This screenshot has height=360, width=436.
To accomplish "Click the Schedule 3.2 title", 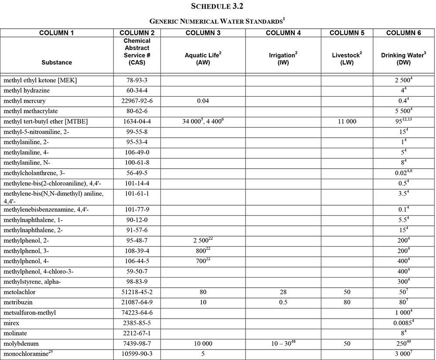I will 218,7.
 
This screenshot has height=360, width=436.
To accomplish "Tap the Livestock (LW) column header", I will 347,58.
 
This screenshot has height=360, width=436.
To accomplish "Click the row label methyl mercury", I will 24,101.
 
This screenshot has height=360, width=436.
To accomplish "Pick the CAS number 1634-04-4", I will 136,121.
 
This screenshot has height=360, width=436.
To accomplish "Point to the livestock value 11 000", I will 347,121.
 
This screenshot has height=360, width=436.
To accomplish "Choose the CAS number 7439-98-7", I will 136,343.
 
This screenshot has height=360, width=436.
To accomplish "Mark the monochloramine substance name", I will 25,353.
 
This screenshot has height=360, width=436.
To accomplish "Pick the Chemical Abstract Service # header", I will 136,51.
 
